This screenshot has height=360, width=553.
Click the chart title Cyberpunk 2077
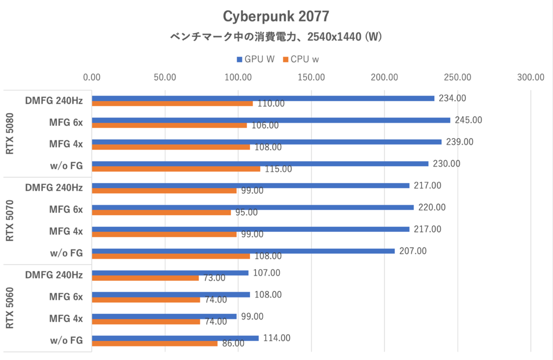point(276,17)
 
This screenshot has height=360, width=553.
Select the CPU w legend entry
point(301,59)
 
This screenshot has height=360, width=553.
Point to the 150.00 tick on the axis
point(312,77)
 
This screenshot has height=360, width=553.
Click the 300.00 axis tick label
point(531,77)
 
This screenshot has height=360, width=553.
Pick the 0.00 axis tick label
point(92,77)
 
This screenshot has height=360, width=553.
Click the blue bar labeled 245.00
point(271,120)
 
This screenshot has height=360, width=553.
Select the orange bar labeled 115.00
point(176,169)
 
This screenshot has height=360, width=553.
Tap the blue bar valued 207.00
point(243,251)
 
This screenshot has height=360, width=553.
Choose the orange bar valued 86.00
point(155,343)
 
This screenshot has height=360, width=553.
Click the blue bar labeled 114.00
point(175,338)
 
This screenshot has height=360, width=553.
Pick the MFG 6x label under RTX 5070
point(66,210)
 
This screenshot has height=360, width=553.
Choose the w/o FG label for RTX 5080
point(67,166)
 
